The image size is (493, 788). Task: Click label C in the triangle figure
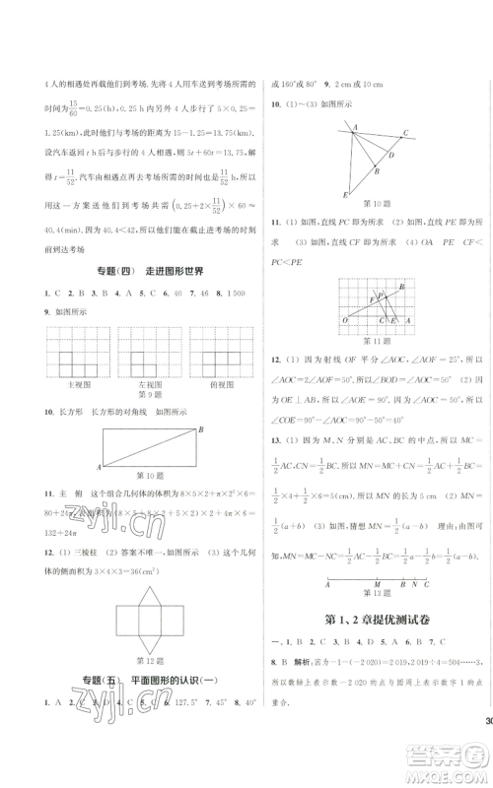[x=405, y=133]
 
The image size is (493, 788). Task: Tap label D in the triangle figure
[x=393, y=155]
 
